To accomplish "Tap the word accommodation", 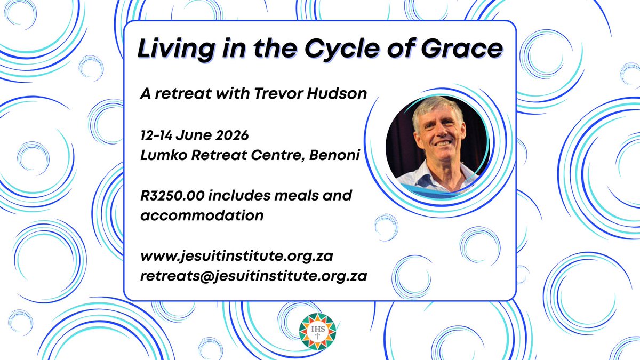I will (202, 215).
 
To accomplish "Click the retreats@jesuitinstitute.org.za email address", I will (253, 277).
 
